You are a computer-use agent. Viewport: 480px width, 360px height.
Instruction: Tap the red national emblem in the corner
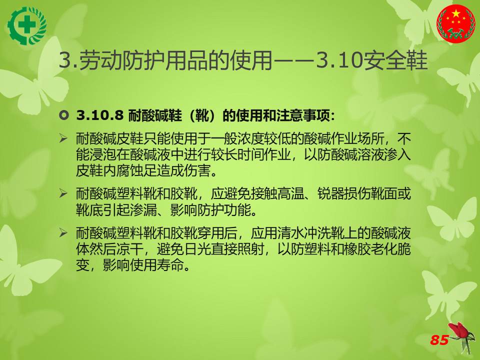click(456, 23)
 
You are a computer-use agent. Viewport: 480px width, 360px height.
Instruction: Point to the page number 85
click(439, 340)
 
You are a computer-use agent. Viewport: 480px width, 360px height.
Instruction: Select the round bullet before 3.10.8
click(63, 115)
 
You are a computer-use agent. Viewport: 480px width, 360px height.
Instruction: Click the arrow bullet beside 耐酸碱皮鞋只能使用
click(63, 138)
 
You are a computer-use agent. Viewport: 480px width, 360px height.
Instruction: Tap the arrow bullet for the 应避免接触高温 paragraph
click(63, 193)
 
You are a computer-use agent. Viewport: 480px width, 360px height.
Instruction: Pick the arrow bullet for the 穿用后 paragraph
click(63, 233)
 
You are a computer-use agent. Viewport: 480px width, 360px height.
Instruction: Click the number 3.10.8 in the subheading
click(100, 115)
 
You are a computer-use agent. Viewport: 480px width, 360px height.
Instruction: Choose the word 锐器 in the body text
click(330, 194)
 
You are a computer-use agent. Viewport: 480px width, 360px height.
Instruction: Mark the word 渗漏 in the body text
click(143, 209)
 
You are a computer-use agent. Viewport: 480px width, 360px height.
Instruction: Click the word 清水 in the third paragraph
click(290, 233)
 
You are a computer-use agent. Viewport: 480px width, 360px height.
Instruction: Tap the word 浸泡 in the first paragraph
click(103, 154)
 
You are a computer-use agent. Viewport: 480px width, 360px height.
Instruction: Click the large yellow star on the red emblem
click(456, 13)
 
